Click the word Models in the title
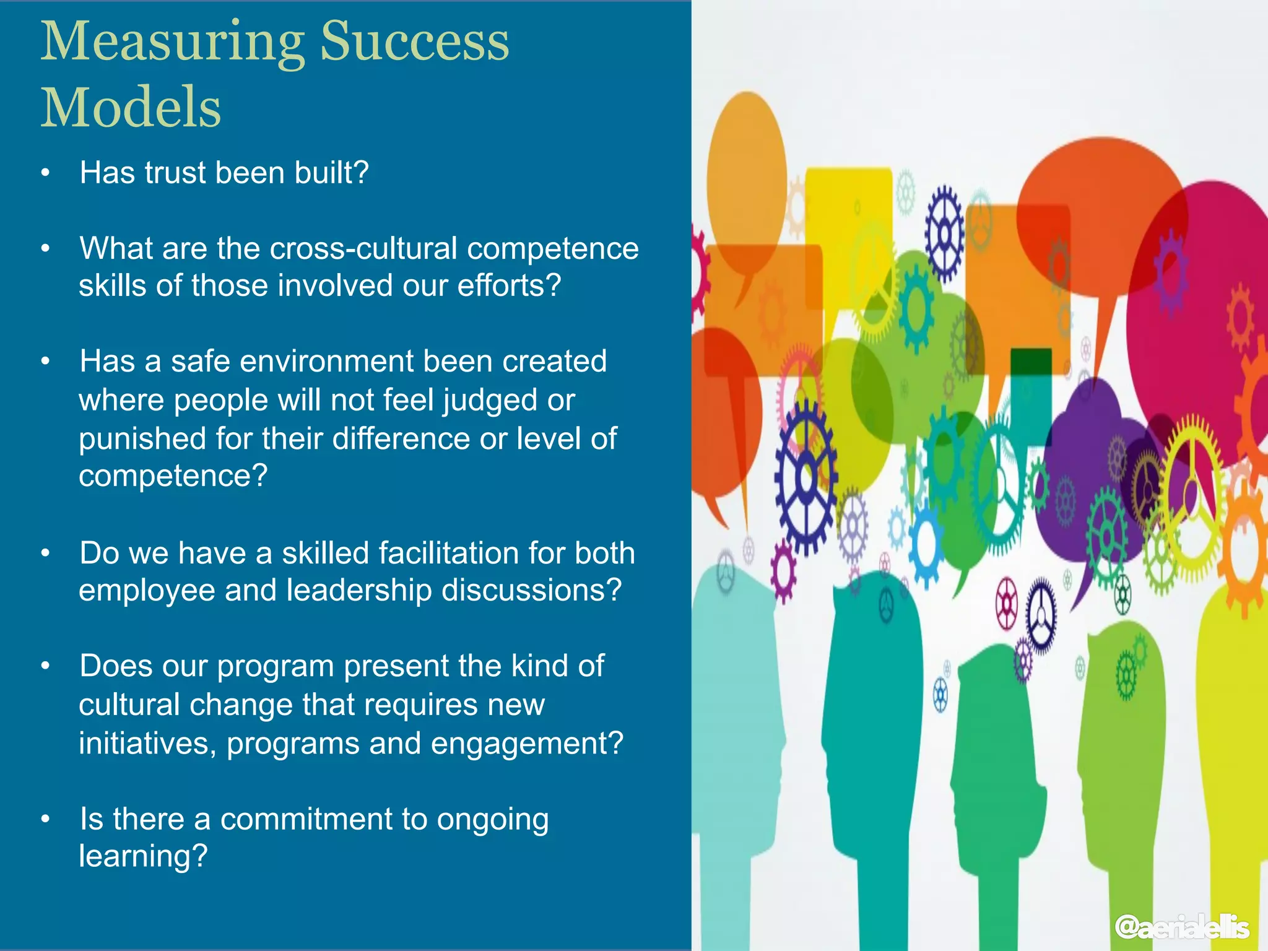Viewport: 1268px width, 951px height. click(x=131, y=107)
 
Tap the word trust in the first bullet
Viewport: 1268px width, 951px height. click(x=175, y=173)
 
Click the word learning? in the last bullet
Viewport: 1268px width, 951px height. click(x=142, y=856)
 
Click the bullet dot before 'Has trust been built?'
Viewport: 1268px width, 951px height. click(x=45, y=173)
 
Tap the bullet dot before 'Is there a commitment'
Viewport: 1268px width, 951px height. click(x=45, y=820)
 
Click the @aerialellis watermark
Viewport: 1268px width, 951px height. click(x=1181, y=927)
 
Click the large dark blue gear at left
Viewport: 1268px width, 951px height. click(x=805, y=477)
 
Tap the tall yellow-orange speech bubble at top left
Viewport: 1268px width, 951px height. click(x=746, y=180)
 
